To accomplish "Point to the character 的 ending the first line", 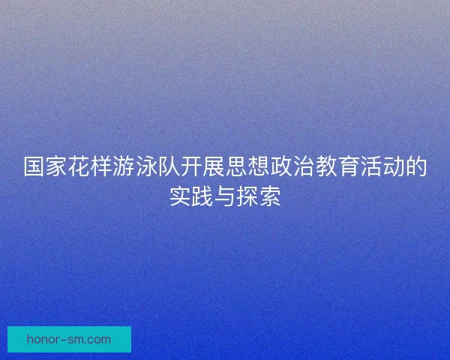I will point(417,168).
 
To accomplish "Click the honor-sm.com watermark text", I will point(68,340).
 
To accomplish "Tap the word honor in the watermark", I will point(43,340).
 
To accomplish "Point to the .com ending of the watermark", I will point(97,340).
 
